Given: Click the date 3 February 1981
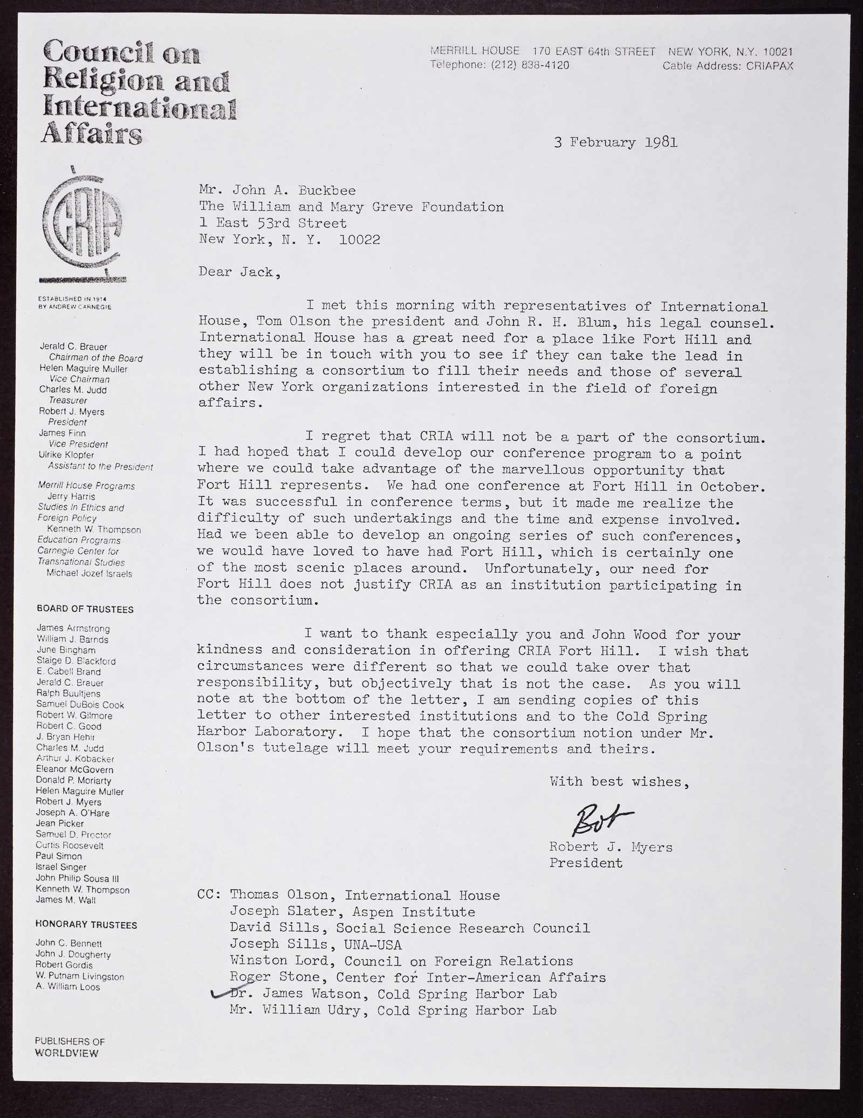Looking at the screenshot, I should (x=615, y=143).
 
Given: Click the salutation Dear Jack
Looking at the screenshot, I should (x=239, y=272).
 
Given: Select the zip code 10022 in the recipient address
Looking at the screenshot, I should (x=359, y=239).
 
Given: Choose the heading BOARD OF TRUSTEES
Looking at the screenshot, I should (x=85, y=609).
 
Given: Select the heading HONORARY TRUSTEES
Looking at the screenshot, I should (x=86, y=925).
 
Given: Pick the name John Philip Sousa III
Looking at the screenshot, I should (x=73, y=878).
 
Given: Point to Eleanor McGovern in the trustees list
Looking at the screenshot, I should (x=74, y=769).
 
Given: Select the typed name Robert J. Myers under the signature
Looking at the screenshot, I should (x=611, y=847).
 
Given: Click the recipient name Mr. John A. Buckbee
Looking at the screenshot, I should (x=277, y=190).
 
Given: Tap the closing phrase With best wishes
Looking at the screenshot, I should (x=619, y=781).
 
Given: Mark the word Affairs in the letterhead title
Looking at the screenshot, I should (x=92, y=133).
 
